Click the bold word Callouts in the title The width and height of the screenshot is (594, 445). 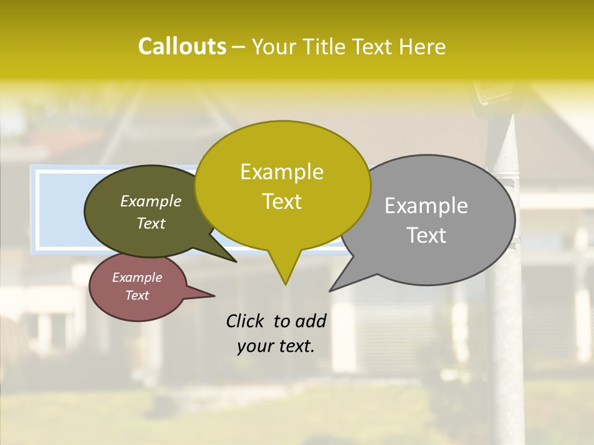click(x=182, y=46)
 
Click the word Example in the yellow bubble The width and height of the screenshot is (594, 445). click(x=282, y=172)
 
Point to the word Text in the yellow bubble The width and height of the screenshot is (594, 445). click(x=282, y=201)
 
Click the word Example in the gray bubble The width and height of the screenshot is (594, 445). click(x=426, y=206)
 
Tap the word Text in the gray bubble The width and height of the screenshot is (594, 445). click(x=426, y=235)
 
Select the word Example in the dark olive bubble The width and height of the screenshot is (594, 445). click(x=151, y=201)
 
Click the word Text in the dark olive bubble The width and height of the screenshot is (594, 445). click(x=151, y=223)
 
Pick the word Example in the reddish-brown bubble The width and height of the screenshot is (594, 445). click(x=137, y=278)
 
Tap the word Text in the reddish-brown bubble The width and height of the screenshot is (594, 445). click(x=137, y=295)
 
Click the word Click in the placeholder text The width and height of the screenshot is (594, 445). click(x=246, y=321)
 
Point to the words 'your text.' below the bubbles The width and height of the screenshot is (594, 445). click(x=276, y=346)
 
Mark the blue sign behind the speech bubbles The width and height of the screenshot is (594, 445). click(x=59, y=210)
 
